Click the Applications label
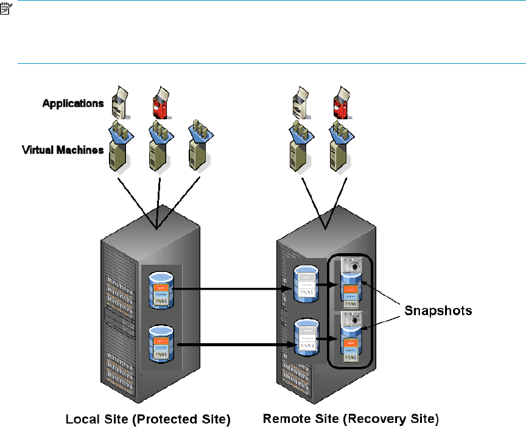coord(73,103)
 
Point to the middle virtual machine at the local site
coord(158,148)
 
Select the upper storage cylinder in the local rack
coord(161,290)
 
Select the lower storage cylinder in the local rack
coord(161,344)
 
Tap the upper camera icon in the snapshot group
coord(352,265)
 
